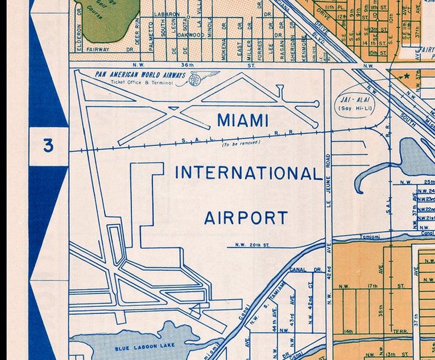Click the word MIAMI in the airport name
(x=243, y=120)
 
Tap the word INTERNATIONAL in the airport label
(x=248, y=173)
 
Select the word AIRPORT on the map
(x=245, y=218)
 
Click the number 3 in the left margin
(x=49, y=146)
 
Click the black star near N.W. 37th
(x=406, y=76)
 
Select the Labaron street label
(x=167, y=14)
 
